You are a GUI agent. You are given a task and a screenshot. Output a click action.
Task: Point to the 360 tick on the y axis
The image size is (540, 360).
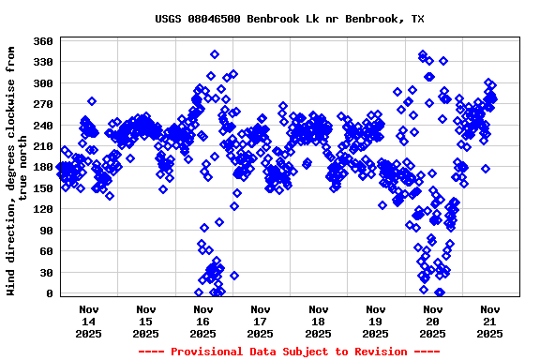point(42,41)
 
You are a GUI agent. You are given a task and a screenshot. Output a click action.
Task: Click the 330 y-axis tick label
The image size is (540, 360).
point(42,62)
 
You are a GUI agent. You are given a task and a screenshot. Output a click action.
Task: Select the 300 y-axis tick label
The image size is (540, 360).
point(42,83)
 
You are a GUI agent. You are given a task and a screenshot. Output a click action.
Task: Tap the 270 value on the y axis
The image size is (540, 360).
point(42,104)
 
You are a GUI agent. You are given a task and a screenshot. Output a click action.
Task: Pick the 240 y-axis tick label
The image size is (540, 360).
point(42,125)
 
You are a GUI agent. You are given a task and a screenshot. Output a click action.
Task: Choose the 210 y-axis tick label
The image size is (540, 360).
point(42,146)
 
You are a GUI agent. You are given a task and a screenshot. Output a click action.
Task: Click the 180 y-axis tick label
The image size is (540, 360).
point(42,167)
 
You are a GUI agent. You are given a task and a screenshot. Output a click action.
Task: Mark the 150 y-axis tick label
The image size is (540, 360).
point(42,188)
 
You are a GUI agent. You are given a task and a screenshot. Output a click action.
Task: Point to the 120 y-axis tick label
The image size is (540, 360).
point(42,209)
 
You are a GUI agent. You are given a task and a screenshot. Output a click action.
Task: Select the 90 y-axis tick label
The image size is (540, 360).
point(46,230)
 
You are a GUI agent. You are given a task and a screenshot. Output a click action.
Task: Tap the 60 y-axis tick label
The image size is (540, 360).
point(46,251)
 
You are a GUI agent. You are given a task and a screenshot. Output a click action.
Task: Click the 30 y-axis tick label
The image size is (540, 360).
point(46,272)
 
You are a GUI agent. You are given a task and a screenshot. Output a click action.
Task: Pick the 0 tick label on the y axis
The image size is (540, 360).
point(50,293)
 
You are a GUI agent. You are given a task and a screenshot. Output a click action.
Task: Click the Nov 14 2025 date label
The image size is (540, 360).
point(89,321)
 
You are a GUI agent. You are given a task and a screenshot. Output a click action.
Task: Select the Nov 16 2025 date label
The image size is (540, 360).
point(203,321)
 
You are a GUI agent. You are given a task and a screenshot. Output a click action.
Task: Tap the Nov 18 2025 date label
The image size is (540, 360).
point(318,321)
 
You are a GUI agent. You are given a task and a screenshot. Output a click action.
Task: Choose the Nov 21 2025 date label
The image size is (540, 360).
point(489,321)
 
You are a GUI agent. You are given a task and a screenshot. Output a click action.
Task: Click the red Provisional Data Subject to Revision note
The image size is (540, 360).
point(290,352)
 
